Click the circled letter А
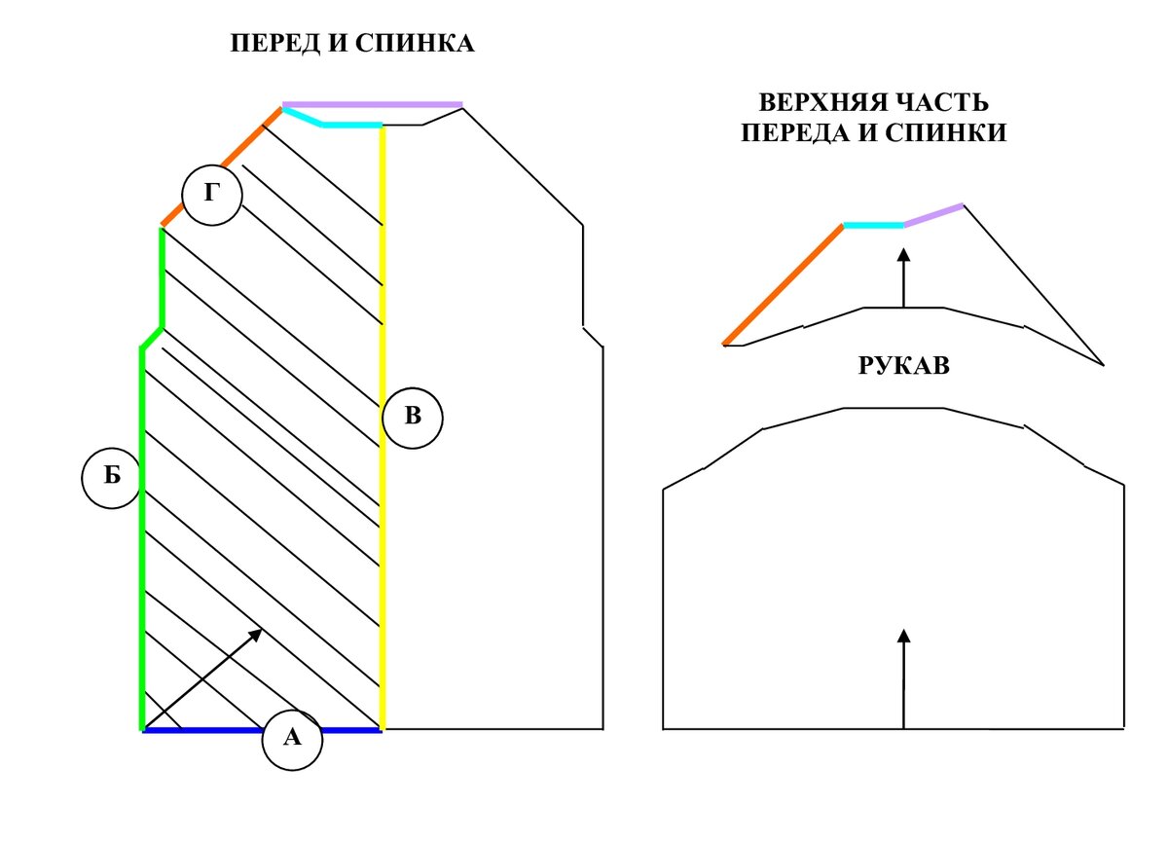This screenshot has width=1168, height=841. (x=292, y=739)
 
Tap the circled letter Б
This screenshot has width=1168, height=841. (x=112, y=477)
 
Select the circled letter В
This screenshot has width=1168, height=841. (x=412, y=418)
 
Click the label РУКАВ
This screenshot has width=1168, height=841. (x=902, y=366)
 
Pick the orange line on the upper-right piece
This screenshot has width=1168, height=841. (x=784, y=284)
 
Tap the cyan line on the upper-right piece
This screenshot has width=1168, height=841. (x=873, y=225)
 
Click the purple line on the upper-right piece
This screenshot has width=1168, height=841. (x=933, y=214)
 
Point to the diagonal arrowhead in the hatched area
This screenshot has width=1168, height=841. (x=256, y=634)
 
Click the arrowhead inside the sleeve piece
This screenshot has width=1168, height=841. (x=903, y=636)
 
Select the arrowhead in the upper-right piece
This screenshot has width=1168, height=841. (x=903, y=254)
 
